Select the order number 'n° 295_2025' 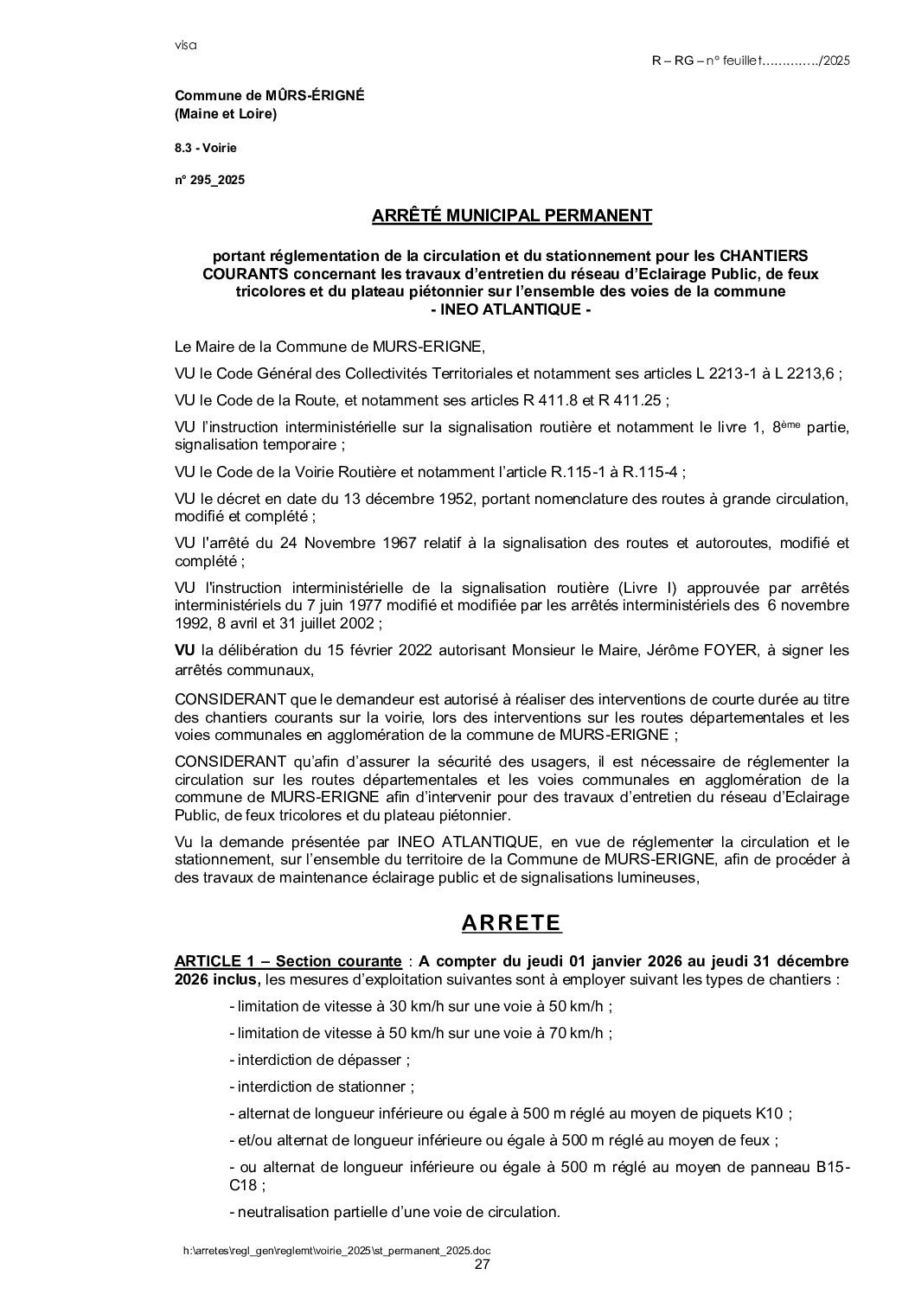click(x=210, y=181)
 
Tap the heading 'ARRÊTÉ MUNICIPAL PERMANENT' click(x=511, y=215)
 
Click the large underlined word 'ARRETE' click(x=511, y=922)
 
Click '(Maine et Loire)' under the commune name click(x=226, y=114)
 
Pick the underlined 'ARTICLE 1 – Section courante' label click(x=287, y=961)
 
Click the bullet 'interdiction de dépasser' click(x=319, y=1059)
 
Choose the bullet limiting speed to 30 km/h click(x=421, y=1006)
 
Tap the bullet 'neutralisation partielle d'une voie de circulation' click(x=394, y=1212)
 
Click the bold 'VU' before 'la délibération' click(x=185, y=650)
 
